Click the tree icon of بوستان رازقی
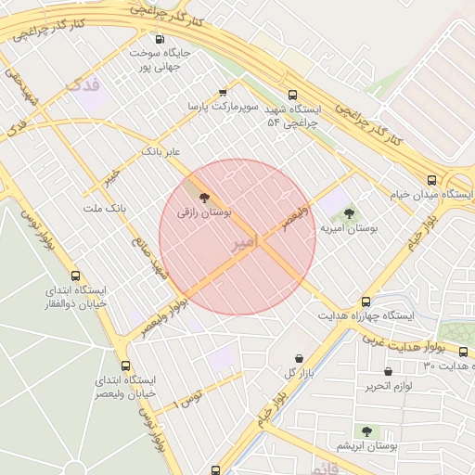(x=203, y=197)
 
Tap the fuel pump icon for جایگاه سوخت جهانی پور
(x=160, y=39)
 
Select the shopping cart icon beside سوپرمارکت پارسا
(x=223, y=92)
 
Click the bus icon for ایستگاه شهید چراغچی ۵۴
(x=293, y=94)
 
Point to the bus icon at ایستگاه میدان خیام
(x=431, y=180)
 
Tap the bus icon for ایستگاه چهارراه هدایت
(x=366, y=302)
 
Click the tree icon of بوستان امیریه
(x=349, y=213)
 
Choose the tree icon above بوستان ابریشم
(x=367, y=431)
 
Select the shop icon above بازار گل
(x=298, y=358)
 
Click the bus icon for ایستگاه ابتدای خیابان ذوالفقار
(x=75, y=276)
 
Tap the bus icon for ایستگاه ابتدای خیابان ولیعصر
(x=126, y=366)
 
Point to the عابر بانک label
(x=160, y=150)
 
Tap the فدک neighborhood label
(x=83, y=85)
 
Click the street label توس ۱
(x=189, y=402)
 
